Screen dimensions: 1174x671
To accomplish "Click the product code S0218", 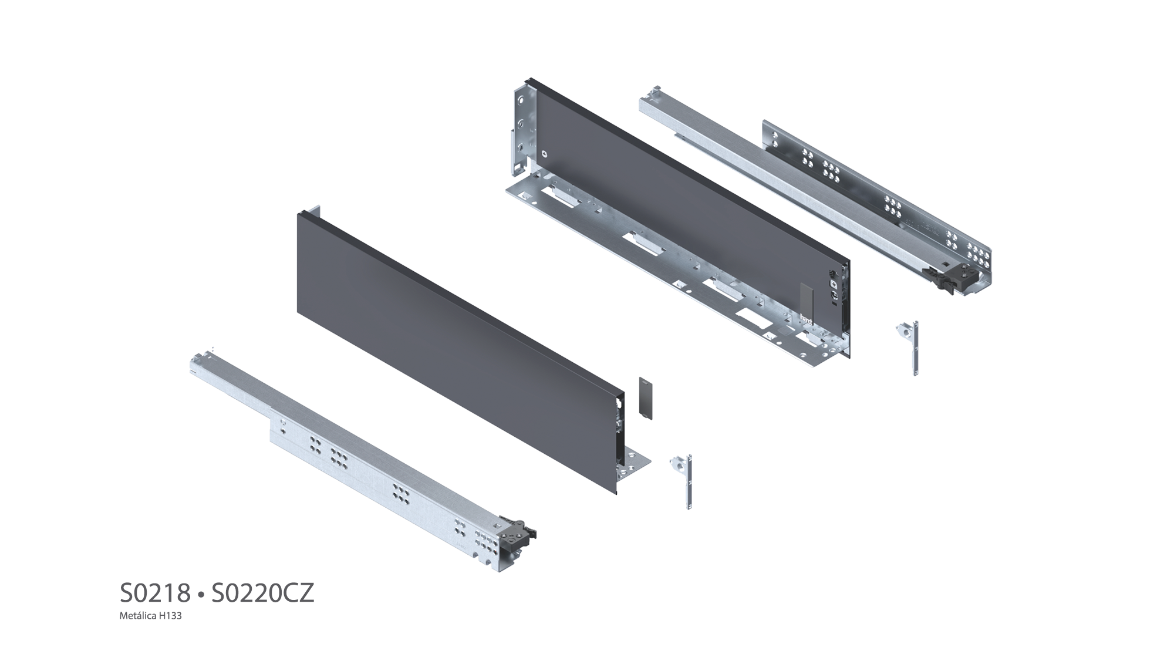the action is (x=155, y=594).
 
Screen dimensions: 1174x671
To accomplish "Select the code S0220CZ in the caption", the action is (x=262, y=594).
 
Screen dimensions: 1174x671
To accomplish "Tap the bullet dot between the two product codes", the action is (x=200, y=595).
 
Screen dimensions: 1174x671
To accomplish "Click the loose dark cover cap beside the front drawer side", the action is (x=645, y=397).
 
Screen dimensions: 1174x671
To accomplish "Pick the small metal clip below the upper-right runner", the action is (x=909, y=348).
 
